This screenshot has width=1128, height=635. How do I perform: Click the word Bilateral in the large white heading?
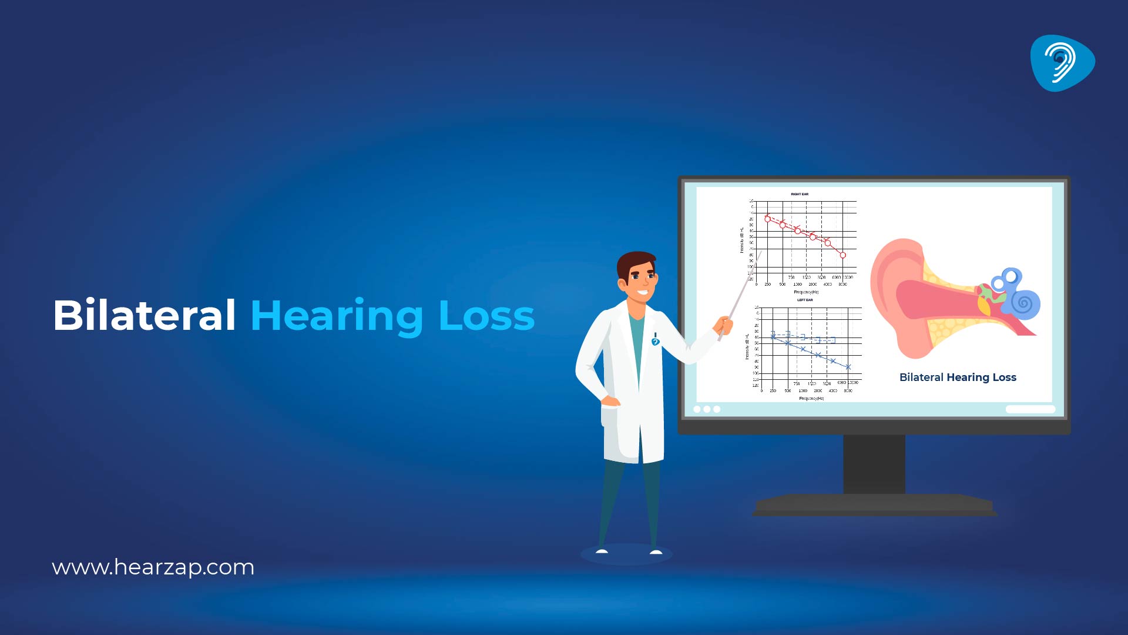(145, 316)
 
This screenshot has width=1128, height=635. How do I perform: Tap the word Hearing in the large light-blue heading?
(337, 317)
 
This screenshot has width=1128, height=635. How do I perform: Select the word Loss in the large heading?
(486, 316)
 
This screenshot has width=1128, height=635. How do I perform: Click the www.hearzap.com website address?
(153, 567)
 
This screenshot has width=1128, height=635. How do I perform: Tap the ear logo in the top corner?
(1062, 63)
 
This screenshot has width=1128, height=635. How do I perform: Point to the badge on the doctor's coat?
(655, 340)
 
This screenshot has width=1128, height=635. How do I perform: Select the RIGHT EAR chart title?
(800, 194)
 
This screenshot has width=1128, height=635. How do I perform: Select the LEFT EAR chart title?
(805, 300)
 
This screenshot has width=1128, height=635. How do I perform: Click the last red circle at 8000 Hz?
(842, 255)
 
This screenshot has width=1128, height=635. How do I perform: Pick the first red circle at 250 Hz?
(767, 219)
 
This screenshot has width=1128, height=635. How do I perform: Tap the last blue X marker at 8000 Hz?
(848, 367)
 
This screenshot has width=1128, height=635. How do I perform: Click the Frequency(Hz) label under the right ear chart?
(806, 292)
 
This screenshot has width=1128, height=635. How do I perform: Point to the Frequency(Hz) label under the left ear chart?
(811, 398)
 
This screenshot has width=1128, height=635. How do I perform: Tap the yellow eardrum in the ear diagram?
(983, 305)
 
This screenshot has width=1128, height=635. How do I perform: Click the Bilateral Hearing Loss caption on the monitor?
(958, 377)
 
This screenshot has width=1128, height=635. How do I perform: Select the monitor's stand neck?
(874, 464)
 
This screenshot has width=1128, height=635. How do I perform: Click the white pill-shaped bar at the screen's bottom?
(1030, 409)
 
